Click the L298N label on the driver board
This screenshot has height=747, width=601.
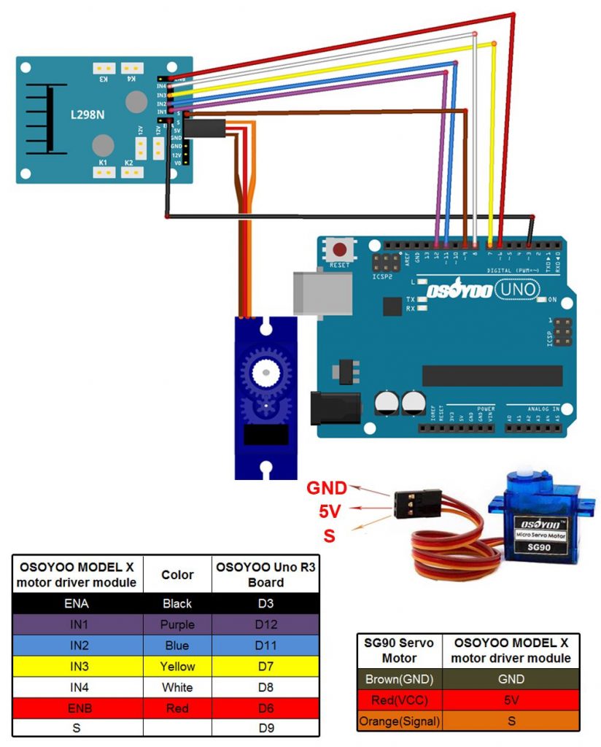click(x=87, y=115)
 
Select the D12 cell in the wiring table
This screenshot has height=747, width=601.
click(x=265, y=624)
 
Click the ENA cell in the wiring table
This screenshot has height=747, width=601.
click(x=77, y=603)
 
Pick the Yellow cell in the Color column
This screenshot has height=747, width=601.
click(x=177, y=666)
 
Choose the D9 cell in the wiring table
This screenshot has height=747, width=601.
click(x=265, y=728)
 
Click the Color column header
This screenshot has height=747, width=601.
click(x=177, y=575)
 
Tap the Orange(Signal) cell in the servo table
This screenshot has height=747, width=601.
click(x=400, y=721)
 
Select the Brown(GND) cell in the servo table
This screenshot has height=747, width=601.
click(x=400, y=679)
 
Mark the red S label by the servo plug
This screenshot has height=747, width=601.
click(x=329, y=536)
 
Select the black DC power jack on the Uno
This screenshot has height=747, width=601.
click(x=336, y=408)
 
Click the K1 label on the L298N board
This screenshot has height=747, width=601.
click(x=103, y=163)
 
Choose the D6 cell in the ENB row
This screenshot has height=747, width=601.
click(x=265, y=708)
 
